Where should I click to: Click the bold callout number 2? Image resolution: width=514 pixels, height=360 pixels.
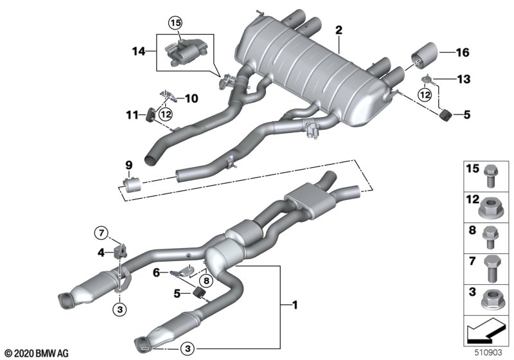coord(339,30)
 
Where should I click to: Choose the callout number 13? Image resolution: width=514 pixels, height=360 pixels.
coord(463,79)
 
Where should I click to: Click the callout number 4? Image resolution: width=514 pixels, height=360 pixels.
coord(102,253)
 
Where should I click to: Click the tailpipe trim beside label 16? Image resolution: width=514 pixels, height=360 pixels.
coord(425,54)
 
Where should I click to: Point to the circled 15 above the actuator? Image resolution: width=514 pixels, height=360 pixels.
coord(175,24)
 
